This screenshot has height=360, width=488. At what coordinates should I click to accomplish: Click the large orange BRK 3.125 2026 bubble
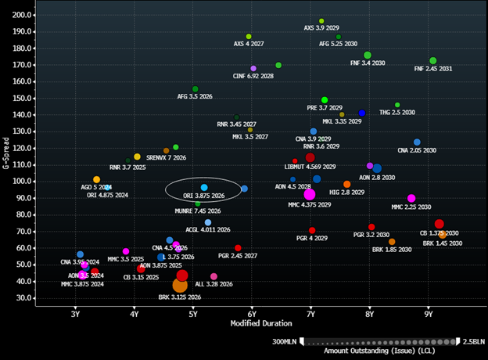click(x=180, y=285)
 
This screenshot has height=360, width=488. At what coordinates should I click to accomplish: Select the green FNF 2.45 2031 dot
click(x=432, y=61)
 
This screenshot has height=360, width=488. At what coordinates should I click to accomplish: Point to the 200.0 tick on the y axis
click(x=23, y=15)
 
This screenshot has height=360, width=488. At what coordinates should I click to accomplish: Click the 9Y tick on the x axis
click(x=429, y=315)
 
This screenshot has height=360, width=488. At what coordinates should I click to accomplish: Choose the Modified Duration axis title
click(x=260, y=323)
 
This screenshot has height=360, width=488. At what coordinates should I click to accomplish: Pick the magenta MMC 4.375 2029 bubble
click(x=310, y=194)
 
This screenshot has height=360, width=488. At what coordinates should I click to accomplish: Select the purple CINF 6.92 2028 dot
click(x=253, y=69)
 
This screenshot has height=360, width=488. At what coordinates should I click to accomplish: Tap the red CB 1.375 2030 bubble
click(x=439, y=224)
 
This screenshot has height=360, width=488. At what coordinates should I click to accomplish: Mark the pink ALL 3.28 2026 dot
click(x=213, y=277)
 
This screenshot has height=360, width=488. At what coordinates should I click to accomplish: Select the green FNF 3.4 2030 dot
click(x=368, y=56)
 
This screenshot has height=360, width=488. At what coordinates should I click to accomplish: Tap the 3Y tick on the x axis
click(x=75, y=315)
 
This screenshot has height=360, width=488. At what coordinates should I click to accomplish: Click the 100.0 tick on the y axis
click(x=23, y=181)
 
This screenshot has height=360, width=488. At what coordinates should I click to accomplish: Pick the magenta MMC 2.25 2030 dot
click(x=411, y=198)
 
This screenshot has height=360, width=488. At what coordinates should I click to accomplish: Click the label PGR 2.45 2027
click(x=237, y=256)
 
